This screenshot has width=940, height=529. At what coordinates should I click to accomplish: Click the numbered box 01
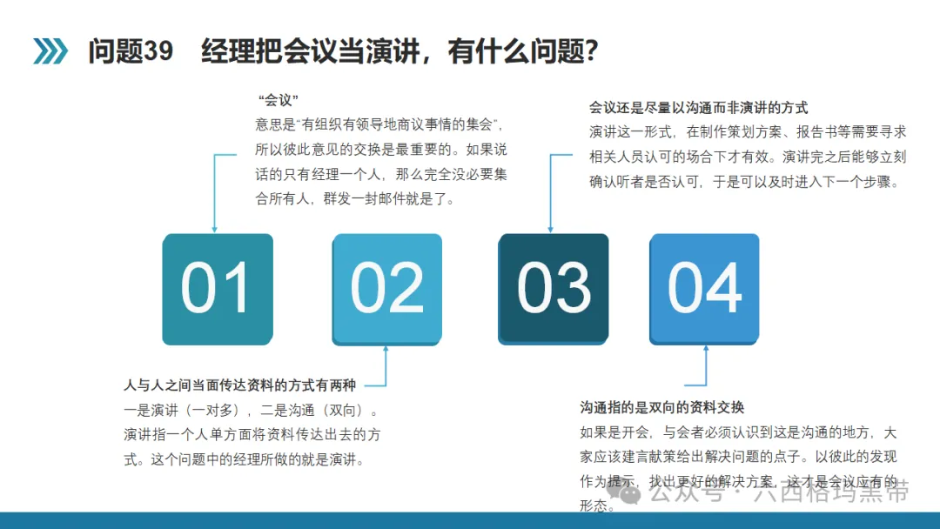[218, 289]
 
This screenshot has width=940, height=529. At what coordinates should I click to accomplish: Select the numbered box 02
[387, 289]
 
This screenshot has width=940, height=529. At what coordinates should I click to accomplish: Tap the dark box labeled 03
[554, 289]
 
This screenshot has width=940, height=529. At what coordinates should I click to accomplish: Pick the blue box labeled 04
[704, 289]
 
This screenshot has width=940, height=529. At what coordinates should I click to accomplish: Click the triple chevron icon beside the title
[50, 51]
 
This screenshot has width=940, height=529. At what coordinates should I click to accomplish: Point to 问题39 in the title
[131, 51]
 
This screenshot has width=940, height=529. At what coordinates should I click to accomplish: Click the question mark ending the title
[591, 51]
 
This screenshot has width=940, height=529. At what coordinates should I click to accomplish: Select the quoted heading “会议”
[279, 99]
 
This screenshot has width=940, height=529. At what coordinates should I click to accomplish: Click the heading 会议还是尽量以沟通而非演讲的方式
[698, 108]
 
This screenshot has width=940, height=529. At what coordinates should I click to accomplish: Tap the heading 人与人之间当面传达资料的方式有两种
[240, 385]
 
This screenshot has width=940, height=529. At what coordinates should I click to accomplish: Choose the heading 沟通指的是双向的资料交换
[661, 407]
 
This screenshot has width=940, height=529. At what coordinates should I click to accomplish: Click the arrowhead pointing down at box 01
[215, 230]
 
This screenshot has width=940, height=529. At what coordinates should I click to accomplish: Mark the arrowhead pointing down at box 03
[550, 230]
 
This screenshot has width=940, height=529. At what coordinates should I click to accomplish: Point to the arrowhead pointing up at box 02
[386, 349]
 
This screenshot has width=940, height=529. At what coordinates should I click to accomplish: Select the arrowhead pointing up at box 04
[706, 349]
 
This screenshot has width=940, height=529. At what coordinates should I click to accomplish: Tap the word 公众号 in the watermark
[687, 492]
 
